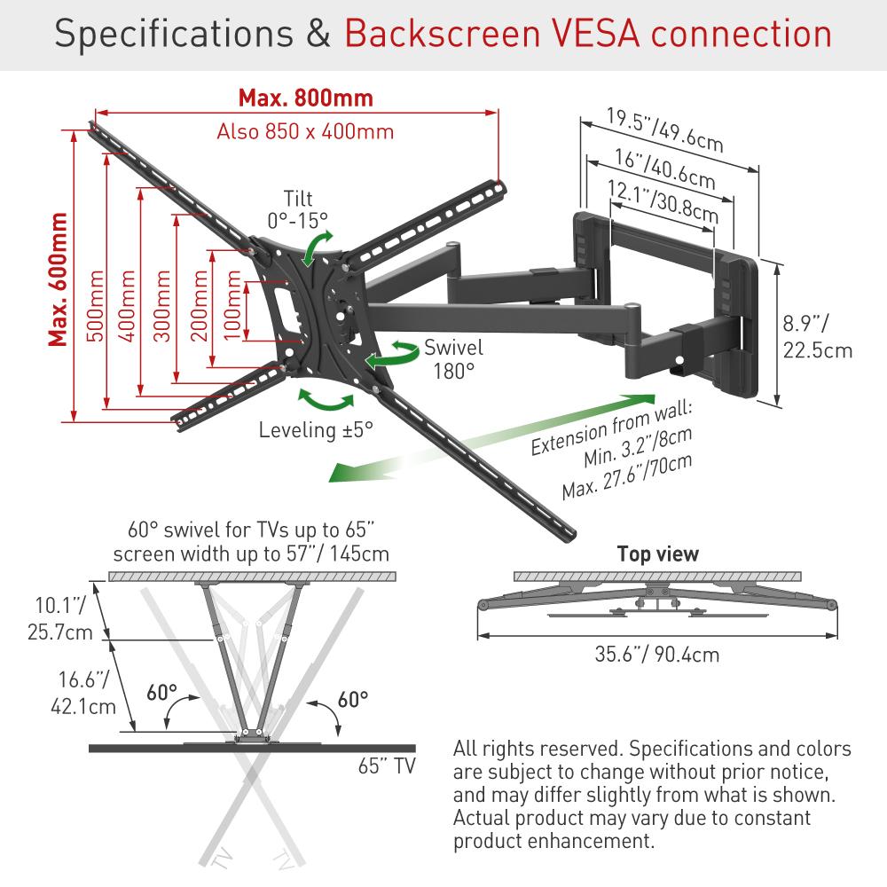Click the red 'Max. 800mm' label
[x=305, y=97]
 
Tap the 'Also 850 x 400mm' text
[x=305, y=131]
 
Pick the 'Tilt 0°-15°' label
[x=297, y=208]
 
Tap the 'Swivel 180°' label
[x=453, y=358]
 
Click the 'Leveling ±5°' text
[x=316, y=430]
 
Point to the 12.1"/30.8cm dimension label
[x=663, y=199]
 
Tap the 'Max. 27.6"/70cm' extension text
[x=627, y=477]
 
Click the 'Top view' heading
[x=657, y=554]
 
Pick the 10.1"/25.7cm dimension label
[x=59, y=619]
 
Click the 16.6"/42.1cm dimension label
[x=79, y=695]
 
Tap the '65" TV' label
[x=388, y=765]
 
